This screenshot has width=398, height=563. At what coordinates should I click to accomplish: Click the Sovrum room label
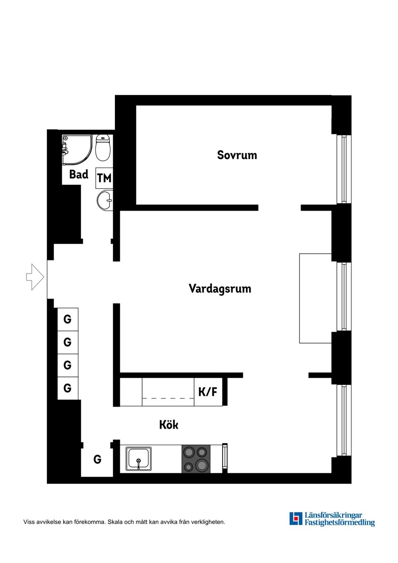coord(237,155)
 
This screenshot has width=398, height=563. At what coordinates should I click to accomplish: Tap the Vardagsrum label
coord(220,289)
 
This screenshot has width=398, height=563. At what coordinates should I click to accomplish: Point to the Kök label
coord(169,425)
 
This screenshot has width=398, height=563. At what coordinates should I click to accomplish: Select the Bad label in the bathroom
coord(78,175)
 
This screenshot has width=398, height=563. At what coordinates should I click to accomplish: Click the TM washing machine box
coord(104,178)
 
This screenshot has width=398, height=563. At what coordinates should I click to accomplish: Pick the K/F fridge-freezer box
coord(208,392)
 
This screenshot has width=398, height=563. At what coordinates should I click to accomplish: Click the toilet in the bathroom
coord(103,148)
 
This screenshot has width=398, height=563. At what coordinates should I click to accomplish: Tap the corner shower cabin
coord(76,149)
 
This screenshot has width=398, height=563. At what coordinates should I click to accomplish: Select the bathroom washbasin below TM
coord(105,201)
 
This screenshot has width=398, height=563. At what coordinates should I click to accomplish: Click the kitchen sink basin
coord(138,459)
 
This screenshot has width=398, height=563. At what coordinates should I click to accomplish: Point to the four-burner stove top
coord(196,459)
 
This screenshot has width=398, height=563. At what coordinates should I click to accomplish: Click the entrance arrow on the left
coord(35,277)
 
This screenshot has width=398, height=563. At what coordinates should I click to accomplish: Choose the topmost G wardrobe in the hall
coord(68,319)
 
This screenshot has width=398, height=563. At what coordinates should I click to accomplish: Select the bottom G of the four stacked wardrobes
coord(68,388)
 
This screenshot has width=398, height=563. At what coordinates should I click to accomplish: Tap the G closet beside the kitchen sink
coord(97,459)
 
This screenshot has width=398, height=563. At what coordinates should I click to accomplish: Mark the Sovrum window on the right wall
coord(344,169)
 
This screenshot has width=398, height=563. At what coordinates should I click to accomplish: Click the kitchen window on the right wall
coord(344,420)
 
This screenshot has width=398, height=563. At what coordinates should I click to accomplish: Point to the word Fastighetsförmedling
coord(340,523)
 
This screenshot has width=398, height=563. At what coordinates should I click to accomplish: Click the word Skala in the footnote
coord(115,522)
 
